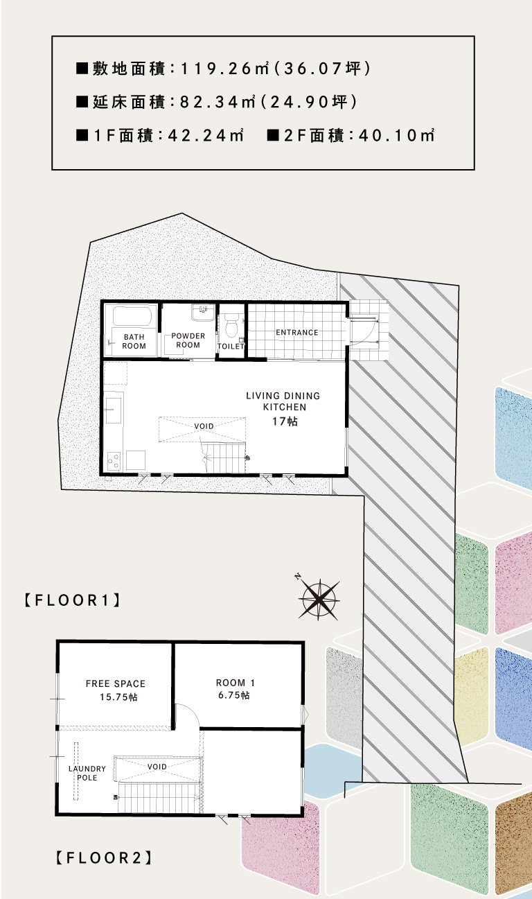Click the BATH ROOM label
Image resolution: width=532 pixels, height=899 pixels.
click(134, 341)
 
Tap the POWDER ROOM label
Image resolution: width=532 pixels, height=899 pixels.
click(188, 340)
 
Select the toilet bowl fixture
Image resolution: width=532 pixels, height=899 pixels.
click(231, 324)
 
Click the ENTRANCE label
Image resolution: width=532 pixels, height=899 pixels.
click(297, 332)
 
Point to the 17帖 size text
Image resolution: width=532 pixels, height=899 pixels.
click(285, 421)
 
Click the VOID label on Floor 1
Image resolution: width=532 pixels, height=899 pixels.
click(204, 426)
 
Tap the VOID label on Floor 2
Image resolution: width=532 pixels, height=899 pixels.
click(157, 767)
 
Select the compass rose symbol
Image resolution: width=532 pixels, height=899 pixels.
click(319, 599)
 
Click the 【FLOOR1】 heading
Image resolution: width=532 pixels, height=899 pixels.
click(73, 600)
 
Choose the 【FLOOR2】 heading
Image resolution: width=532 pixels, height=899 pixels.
click(104, 858)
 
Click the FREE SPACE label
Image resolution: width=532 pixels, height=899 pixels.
click(116, 683)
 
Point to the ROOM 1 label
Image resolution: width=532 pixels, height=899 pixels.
click(236, 683)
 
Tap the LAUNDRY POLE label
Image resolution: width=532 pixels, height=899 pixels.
click(87, 773)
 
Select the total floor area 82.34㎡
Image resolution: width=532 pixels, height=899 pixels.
click(218, 102)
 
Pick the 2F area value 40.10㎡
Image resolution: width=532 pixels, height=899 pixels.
click(396, 136)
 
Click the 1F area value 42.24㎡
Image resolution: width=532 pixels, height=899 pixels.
click(206, 136)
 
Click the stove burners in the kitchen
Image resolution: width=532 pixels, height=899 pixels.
click(114, 460)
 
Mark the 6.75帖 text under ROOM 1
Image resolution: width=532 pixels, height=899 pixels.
click(234, 695)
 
